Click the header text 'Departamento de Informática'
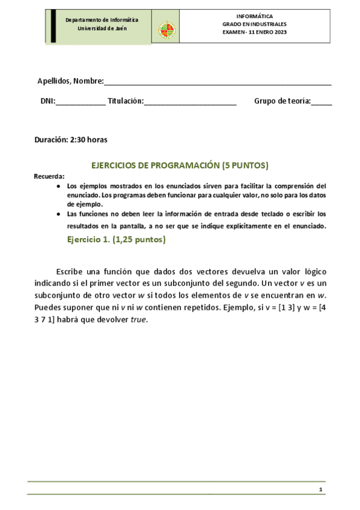pos(102,20)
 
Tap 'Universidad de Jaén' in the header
pos(102,29)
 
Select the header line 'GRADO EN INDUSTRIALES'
pos(254,24)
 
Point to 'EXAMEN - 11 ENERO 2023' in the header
pos(254,32)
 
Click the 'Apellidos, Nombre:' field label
pos(70,81)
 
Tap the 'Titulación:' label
pos(126,101)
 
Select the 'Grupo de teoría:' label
pos(282,101)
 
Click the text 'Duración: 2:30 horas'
pos(71,140)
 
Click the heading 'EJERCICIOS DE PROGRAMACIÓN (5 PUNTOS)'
pos(179,165)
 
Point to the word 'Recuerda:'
pos(49,176)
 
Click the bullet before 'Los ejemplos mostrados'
pos(58,186)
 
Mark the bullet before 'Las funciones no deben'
pos(58,214)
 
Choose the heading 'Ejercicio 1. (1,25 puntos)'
pos(116,240)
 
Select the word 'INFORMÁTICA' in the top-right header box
pos(254,16)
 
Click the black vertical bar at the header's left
pos(53,26)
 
